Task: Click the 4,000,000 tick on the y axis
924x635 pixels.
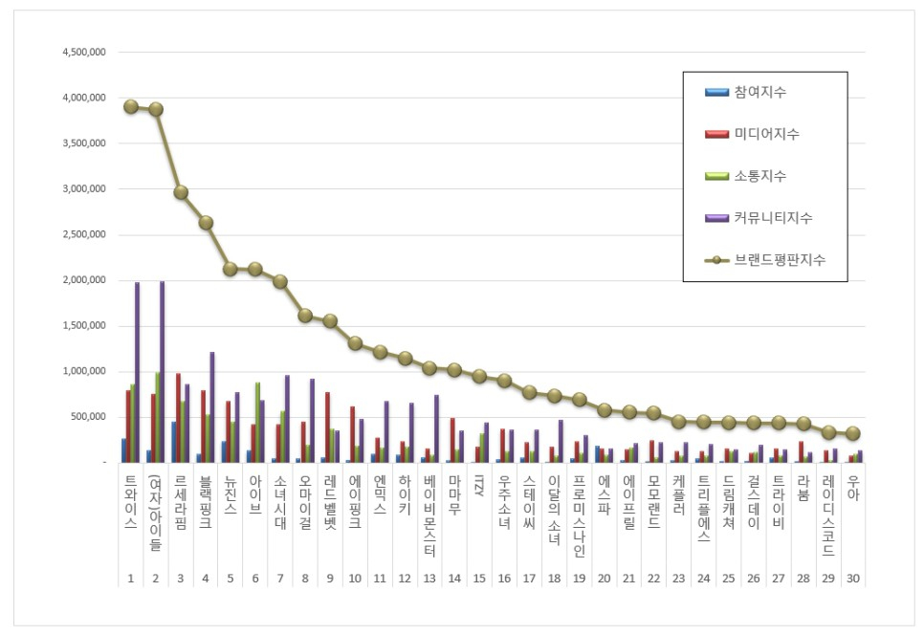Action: click(x=82, y=98)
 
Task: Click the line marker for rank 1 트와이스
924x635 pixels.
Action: click(x=131, y=106)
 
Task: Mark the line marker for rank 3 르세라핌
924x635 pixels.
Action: click(x=181, y=192)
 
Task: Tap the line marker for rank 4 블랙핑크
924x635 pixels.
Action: click(x=206, y=223)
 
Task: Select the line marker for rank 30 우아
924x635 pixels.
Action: click(x=853, y=433)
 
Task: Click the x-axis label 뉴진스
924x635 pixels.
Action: click(x=231, y=494)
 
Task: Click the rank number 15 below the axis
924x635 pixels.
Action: click(x=479, y=580)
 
